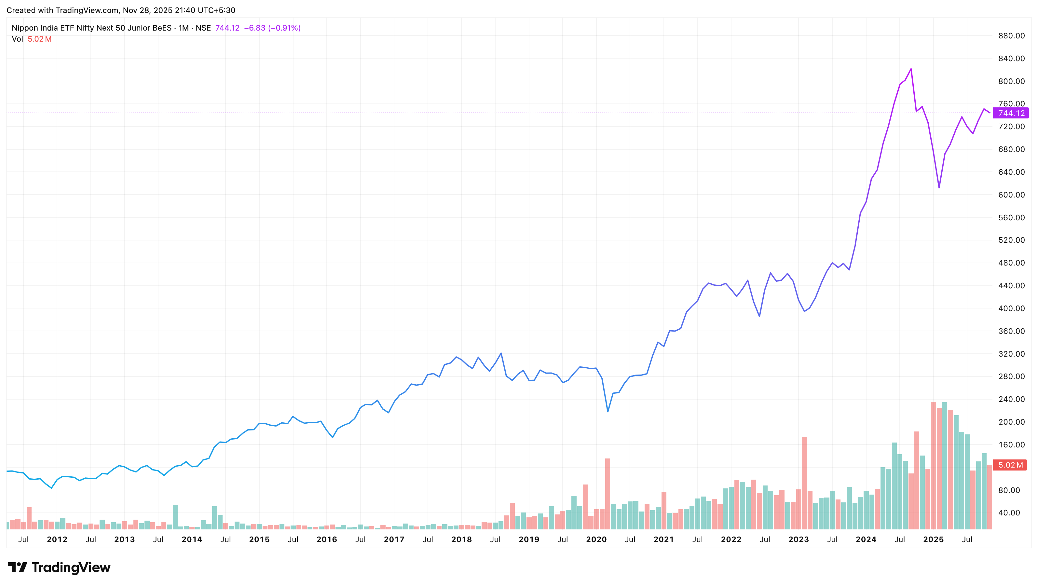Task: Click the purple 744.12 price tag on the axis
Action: pyautogui.click(x=1011, y=113)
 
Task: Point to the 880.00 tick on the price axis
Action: pyautogui.click(x=1011, y=36)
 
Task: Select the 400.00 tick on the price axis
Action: pyautogui.click(x=1011, y=308)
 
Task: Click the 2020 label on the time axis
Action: pyautogui.click(x=596, y=539)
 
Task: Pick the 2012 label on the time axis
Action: pyautogui.click(x=57, y=539)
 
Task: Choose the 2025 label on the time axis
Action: pyautogui.click(x=933, y=539)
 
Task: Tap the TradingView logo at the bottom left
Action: pyautogui.click(x=59, y=568)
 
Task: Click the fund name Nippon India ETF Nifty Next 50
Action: pyautogui.click(x=91, y=28)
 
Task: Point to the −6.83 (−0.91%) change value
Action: pyautogui.click(x=272, y=28)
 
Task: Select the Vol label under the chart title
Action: pyautogui.click(x=17, y=39)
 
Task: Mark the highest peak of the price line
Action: pyautogui.click(x=911, y=69)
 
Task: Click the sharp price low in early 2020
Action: pyautogui.click(x=608, y=412)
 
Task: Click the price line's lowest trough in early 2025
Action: pyautogui.click(x=939, y=187)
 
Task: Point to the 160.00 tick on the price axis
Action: pyautogui.click(x=1011, y=445)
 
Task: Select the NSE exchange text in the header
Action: pyautogui.click(x=203, y=28)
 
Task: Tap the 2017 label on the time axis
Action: pyautogui.click(x=394, y=539)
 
